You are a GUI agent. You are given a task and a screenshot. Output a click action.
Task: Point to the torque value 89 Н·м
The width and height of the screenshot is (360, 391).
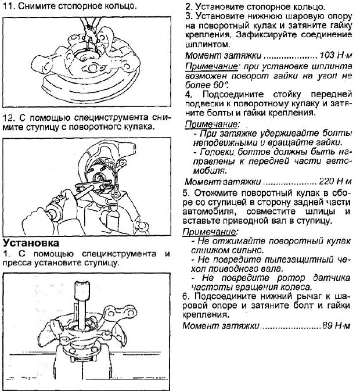pos(337,326)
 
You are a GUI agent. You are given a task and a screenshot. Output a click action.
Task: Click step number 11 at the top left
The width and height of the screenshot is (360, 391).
pos(8,6)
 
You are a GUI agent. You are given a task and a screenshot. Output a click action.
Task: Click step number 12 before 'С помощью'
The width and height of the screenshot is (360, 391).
pos(8,116)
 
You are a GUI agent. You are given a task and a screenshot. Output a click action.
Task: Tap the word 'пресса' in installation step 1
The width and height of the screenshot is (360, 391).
pos(17,263)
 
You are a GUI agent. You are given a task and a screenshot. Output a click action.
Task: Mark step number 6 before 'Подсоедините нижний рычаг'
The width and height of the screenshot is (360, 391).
pos(186,296)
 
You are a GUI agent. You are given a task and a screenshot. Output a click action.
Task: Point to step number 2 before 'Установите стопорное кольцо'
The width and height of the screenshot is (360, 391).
pos(188,7)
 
